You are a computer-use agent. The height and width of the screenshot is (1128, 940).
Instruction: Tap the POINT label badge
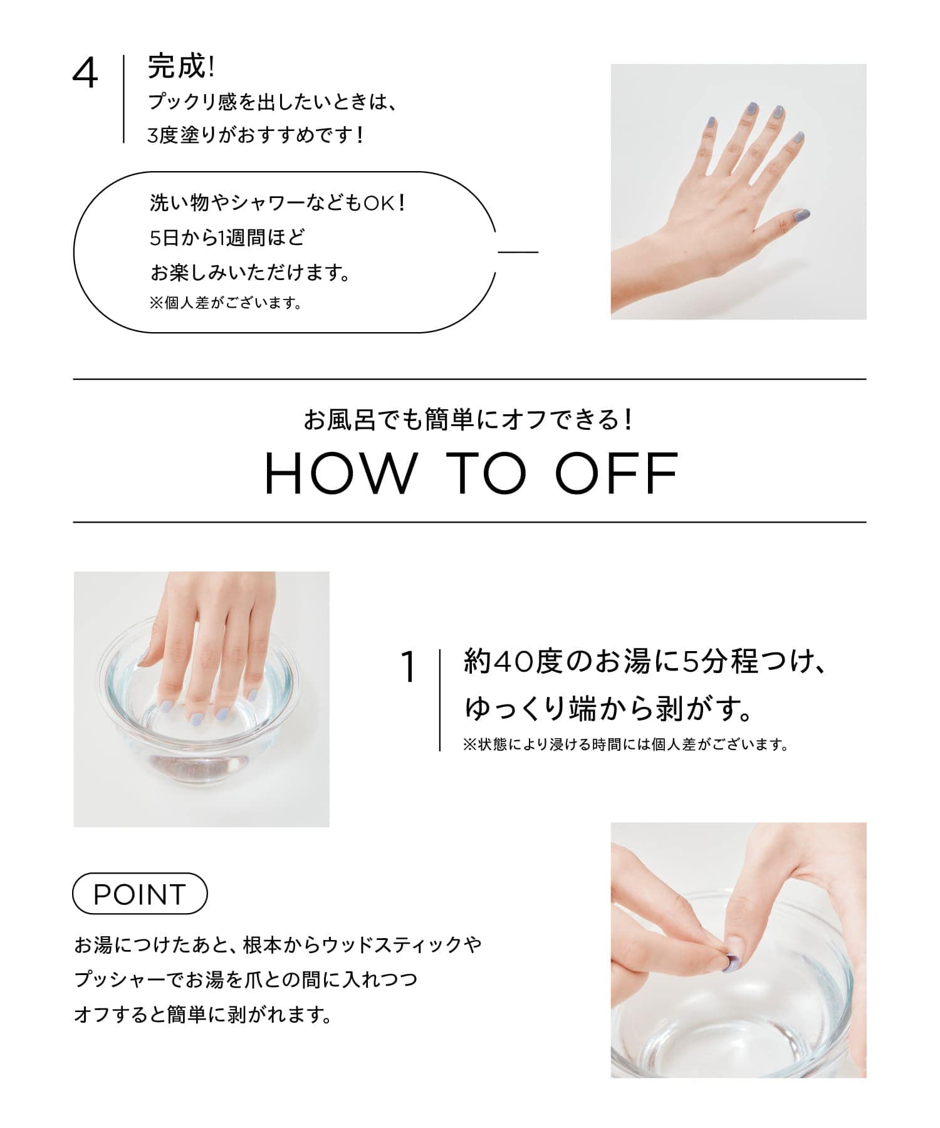point(140,894)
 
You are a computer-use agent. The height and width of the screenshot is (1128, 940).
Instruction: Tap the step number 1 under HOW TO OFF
point(408,667)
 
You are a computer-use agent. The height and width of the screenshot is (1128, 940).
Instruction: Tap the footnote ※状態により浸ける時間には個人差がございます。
point(625,745)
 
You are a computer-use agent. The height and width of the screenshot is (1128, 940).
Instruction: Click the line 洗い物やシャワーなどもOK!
point(278,202)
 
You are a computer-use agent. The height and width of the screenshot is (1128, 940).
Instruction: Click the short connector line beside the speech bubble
point(518,252)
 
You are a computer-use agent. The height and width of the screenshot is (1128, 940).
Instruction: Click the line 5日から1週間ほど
point(227,238)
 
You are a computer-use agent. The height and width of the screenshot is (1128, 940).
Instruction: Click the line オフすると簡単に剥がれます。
point(202,1014)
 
